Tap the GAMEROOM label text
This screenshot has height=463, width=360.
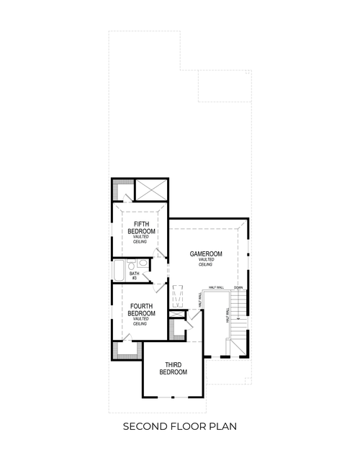206,254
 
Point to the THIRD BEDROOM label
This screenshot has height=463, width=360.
173,369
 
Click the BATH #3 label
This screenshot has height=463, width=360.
135,276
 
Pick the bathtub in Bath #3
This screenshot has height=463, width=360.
119,270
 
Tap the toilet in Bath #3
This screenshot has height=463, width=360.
132,265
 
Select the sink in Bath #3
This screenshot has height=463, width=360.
143,264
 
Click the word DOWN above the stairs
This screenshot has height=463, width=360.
238,287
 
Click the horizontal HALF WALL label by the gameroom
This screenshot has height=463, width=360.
216,287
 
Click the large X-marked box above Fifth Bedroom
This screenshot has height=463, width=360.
152,190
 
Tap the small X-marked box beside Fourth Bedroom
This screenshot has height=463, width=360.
176,315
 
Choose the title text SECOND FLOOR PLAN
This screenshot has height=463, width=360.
179,426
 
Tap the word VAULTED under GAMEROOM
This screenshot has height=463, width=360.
206,260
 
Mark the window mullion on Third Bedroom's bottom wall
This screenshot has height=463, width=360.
173,397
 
